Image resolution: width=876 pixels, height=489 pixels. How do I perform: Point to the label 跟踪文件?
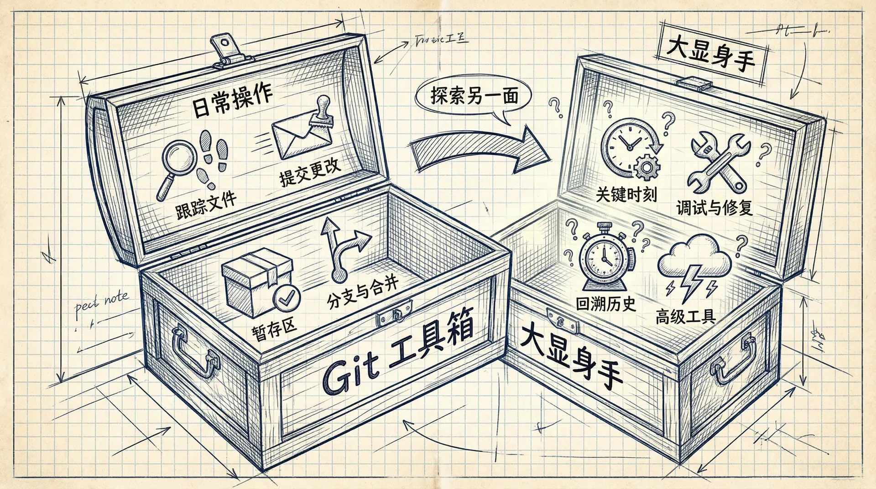(206, 205)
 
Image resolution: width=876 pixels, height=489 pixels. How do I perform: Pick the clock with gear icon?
(632, 148)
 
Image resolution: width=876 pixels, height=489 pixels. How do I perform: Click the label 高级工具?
(685, 316)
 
